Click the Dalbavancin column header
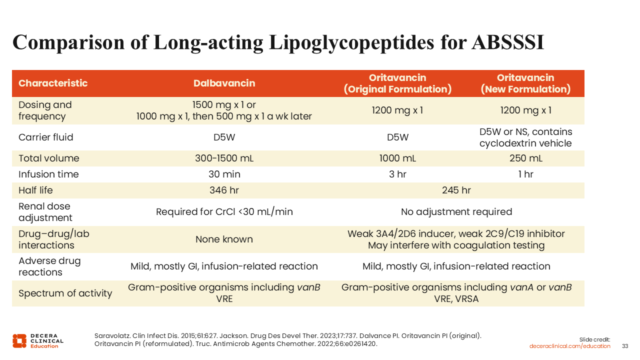point(224,83)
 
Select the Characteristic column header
point(53,83)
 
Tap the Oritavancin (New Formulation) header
point(525,83)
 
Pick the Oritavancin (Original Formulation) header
point(397,83)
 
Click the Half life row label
point(35,190)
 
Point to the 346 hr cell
point(224,190)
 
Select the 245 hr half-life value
point(456,190)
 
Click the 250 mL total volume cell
point(525,158)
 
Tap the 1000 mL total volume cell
point(397,158)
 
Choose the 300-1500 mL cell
point(224,158)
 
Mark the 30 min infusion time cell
point(224,174)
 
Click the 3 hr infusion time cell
point(397,174)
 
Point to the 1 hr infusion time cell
point(525,174)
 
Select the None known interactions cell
point(224,239)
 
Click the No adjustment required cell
point(456,212)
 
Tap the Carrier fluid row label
point(46,137)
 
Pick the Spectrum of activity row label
point(65,293)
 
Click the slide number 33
point(625,346)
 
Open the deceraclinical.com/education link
point(570,346)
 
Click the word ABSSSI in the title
point(507,42)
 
